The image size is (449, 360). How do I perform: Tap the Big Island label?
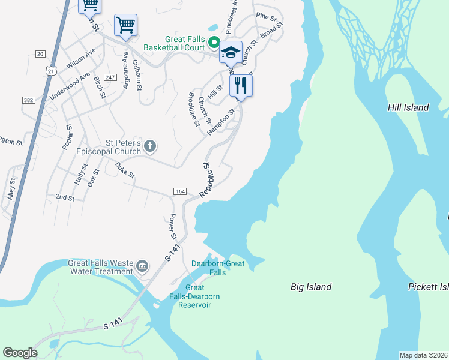(311, 287)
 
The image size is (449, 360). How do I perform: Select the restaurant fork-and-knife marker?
(240, 85)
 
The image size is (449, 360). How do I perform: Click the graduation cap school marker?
(230, 52)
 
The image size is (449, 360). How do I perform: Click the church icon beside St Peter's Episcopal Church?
(150, 146)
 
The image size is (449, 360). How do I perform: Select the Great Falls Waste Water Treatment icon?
(142, 266)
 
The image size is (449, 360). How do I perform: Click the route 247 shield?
(109, 78)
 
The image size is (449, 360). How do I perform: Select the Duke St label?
(125, 172)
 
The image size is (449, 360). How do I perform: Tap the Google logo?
(20, 353)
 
